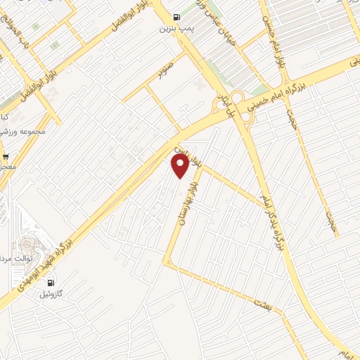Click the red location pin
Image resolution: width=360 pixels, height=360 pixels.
(180, 166)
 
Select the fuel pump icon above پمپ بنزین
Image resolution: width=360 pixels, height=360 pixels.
(175, 18)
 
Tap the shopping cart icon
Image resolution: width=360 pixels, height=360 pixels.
(5, 156)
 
